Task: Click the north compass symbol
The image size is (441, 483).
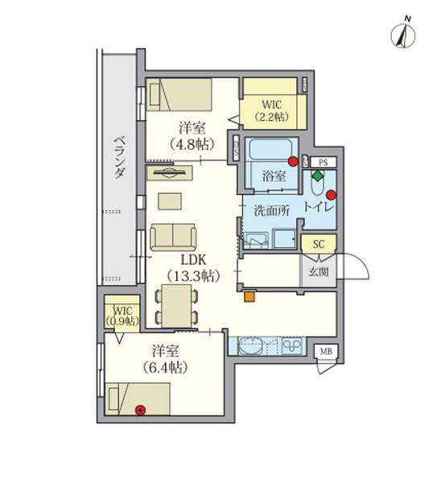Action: [x=403, y=34]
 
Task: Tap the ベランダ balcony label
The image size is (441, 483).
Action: [x=120, y=158]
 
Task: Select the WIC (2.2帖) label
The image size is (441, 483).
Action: [x=272, y=110]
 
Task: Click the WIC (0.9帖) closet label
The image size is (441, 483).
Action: [x=122, y=316]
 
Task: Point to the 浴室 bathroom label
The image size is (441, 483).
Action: [x=274, y=175]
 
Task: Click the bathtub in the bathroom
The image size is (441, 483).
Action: [x=271, y=149]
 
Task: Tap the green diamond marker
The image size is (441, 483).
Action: [x=318, y=175]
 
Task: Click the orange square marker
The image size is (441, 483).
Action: [x=249, y=296]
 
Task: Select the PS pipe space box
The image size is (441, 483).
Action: [x=323, y=163]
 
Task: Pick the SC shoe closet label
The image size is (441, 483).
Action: [x=319, y=244]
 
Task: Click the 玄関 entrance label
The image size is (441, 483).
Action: [x=319, y=272]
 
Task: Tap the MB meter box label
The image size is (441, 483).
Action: [x=326, y=351]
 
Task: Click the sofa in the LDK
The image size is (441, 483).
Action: [x=173, y=237]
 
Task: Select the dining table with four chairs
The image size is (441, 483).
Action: [x=176, y=306]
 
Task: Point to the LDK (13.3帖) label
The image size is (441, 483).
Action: [x=193, y=268]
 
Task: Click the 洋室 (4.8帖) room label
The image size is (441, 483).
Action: [x=192, y=136]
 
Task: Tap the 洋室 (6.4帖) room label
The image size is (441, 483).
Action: [x=165, y=359]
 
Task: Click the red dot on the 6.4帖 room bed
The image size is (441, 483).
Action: [x=141, y=410]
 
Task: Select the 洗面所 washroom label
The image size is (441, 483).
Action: [x=272, y=211]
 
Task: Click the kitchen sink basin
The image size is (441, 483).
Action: [x=250, y=346]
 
